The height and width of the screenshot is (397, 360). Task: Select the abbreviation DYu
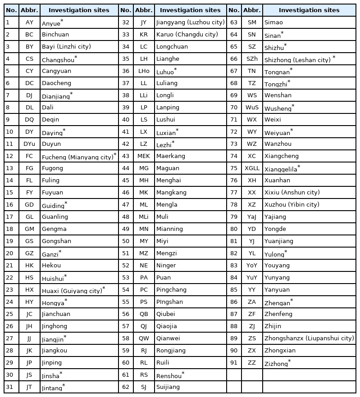(x=29, y=144)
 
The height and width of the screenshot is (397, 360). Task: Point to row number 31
(x=9, y=387)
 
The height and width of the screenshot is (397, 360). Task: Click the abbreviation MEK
(x=144, y=156)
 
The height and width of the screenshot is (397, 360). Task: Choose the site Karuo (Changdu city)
(x=187, y=35)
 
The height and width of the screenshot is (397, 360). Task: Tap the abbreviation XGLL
(x=252, y=168)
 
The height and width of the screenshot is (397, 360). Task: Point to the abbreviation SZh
(x=252, y=59)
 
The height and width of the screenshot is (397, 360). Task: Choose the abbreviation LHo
(x=144, y=71)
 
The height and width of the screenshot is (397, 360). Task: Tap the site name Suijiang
(x=168, y=387)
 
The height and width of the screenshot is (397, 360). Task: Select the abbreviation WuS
(x=252, y=108)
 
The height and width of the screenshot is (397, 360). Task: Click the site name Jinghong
(x=55, y=326)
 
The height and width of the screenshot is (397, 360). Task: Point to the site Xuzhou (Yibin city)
(x=292, y=205)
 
